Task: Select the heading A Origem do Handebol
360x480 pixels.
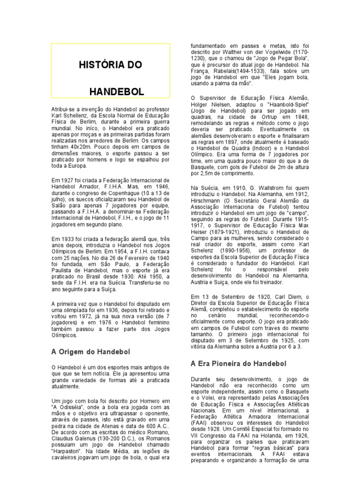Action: pos(90,351)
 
